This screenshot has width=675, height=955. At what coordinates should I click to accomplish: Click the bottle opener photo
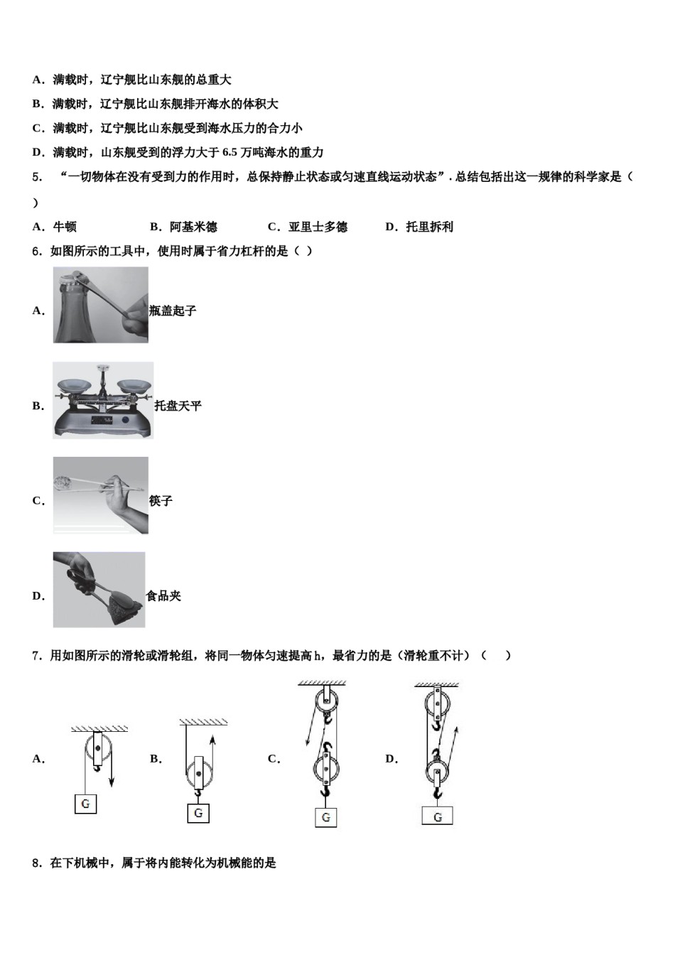point(100,305)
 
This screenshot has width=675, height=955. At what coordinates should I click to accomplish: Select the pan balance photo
point(102,400)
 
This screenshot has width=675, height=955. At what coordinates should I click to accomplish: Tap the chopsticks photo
point(100,495)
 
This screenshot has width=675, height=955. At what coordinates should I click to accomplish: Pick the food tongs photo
point(99,590)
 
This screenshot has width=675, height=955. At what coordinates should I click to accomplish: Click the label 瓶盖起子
point(173,311)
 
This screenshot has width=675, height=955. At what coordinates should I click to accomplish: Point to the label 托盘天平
point(178,406)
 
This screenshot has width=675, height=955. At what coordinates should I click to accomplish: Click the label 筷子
point(161,501)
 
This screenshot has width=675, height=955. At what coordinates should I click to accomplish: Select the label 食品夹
point(163,596)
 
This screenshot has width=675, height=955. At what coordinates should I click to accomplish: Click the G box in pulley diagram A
point(85,804)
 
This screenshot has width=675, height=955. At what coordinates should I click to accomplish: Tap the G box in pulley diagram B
point(198,813)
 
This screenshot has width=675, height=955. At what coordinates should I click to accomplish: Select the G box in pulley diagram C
point(325,817)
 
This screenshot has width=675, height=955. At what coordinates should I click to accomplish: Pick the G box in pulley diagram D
point(437,816)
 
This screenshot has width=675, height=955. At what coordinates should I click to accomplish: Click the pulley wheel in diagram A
point(98,750)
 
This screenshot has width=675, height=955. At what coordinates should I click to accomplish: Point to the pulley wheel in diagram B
point(199,773)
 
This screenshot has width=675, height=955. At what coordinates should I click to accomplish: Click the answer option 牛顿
point(65,227)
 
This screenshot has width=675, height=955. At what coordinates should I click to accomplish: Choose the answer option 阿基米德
point(193,227)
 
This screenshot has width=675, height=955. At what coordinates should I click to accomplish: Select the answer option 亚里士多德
point(318,227)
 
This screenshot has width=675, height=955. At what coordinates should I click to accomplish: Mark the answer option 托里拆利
point(429,227)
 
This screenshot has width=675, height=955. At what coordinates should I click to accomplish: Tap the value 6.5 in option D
point(229,153)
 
